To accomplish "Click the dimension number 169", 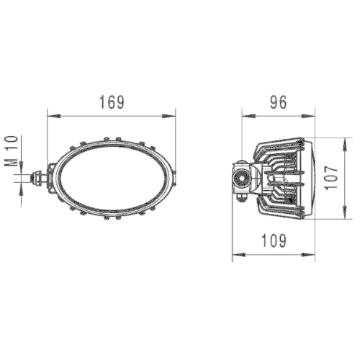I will (112, 102).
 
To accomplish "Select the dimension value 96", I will (278, 102).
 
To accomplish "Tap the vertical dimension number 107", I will (330, 175).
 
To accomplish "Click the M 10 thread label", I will (11, 151).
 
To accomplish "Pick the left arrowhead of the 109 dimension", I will (235, 254).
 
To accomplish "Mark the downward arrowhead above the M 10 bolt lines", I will (21, 167).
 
